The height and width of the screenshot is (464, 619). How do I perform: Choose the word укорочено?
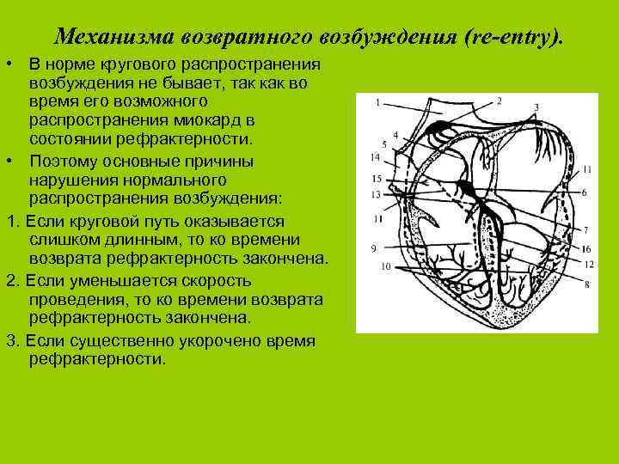tap(225, 340)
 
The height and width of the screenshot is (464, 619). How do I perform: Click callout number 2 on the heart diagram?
tap(499, 101)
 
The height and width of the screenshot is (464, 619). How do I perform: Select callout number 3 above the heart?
tap(536, 108)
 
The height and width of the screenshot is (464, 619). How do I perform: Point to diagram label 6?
tap(584, 192)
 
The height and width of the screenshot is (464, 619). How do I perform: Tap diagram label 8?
tap(585, 284)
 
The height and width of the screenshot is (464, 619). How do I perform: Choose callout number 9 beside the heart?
tap(373, 247)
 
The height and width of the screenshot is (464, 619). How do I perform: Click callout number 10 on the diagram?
tap(386, 267)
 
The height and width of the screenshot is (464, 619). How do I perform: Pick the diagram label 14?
tap(375, 157)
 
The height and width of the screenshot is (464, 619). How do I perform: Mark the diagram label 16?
tap(585, 248)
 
